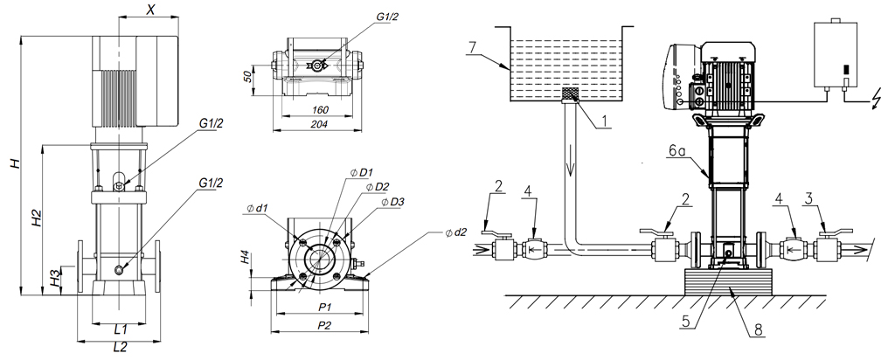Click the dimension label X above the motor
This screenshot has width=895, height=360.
151,10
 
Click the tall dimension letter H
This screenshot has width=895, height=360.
13,164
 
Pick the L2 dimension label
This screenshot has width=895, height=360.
121,347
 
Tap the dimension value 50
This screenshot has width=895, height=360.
248,78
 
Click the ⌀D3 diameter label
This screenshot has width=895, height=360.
392,203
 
